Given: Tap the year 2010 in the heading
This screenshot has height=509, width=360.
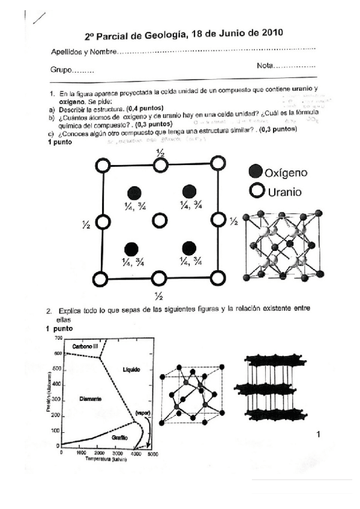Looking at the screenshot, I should (266, 34).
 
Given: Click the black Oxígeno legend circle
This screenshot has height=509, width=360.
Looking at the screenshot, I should (255, 173).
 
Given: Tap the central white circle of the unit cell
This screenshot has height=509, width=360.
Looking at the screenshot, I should (159, 221).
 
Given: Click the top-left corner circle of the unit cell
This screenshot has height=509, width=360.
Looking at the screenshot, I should (101, 164).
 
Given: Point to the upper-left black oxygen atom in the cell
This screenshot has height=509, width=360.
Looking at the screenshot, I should (134, 192).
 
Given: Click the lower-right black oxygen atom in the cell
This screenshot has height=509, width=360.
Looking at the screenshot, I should (189, 248).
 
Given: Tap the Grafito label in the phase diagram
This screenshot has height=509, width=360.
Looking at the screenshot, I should (121, 438).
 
